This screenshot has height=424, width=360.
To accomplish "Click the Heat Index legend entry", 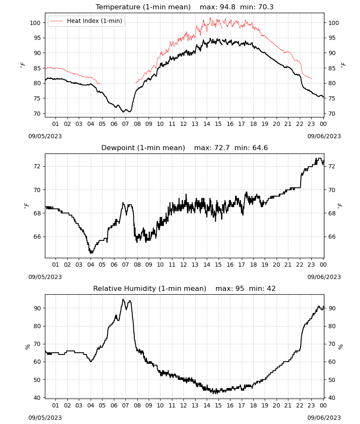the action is tap(86, 21).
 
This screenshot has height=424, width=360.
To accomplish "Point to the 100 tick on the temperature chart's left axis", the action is tap(35, 23).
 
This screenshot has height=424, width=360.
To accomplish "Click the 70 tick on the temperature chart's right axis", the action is tap(332, 114).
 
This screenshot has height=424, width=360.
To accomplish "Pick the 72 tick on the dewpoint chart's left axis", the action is tap(37, 166).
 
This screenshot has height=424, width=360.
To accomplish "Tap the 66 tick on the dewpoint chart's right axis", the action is tap(332, 237).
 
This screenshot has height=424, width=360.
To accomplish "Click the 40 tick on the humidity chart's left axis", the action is tap(37, 398).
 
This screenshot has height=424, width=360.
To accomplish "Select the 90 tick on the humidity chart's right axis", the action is tap(332, 308).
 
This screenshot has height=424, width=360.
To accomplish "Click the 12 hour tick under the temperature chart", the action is tap(184, 124).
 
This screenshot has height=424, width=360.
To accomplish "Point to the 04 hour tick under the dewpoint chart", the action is tap(91, 265).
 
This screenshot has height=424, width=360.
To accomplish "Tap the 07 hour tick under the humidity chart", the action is tap(125, 405).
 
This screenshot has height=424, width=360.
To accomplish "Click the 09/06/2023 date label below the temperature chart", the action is tap(324, 136).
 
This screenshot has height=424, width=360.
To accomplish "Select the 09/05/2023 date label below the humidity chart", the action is tap(45, 418).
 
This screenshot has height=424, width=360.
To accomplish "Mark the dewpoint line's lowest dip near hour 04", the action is tap(91, 253).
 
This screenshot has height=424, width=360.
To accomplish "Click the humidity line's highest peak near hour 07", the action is tap(123, 299).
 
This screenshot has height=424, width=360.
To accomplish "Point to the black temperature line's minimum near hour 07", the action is tap(123, 112).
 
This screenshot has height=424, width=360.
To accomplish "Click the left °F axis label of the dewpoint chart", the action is tap(26, 206).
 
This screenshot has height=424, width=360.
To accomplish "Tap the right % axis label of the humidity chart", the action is tap(341, 347).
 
